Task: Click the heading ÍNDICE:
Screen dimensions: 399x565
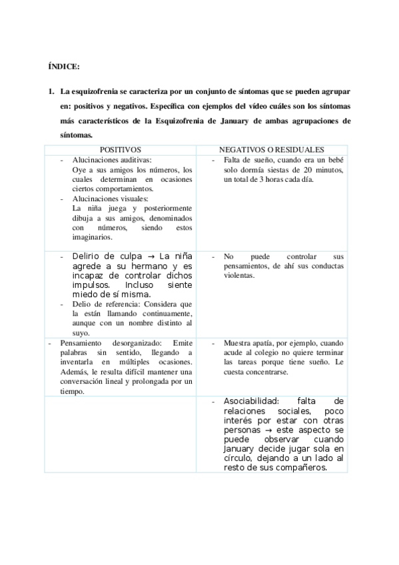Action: coord(64,68)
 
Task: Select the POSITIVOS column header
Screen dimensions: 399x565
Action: coord(126,150)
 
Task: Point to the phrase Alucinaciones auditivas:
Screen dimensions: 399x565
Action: coord(112,161)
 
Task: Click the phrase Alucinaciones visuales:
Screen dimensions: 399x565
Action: coord(111,198)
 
